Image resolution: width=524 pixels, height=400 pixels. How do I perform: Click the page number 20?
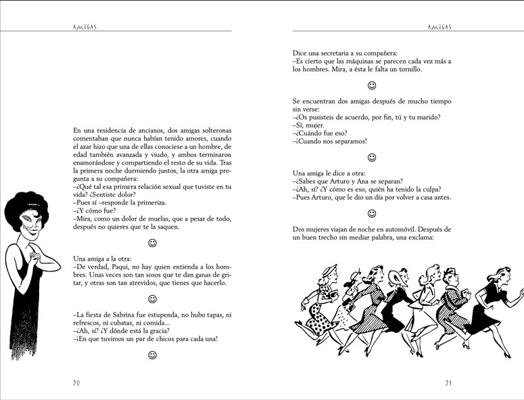pos(76,382)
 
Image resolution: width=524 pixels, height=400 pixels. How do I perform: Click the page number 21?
pos(448,382)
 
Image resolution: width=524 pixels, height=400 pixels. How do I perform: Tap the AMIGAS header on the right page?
pos(441,26)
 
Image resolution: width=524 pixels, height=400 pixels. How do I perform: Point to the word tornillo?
pos(408,69)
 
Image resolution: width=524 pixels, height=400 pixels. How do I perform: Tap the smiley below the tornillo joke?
pos(371,86)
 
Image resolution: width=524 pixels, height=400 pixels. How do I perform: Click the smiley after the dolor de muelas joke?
pos(152,242)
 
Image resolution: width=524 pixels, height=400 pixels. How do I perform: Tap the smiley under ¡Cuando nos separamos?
pos(371,157)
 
